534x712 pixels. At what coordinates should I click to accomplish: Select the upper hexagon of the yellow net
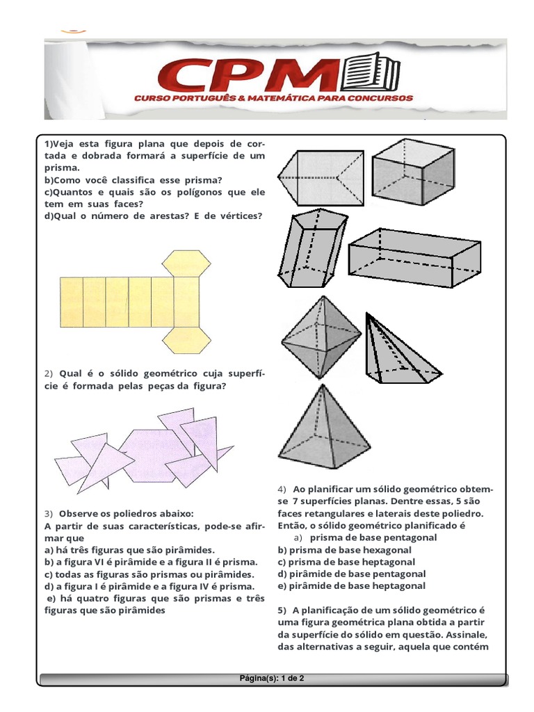[186, 264]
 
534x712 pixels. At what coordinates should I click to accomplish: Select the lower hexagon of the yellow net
[186, 339]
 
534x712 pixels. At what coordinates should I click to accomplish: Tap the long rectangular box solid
[414, 259]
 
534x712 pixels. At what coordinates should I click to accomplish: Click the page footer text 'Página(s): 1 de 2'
[272, 678]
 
